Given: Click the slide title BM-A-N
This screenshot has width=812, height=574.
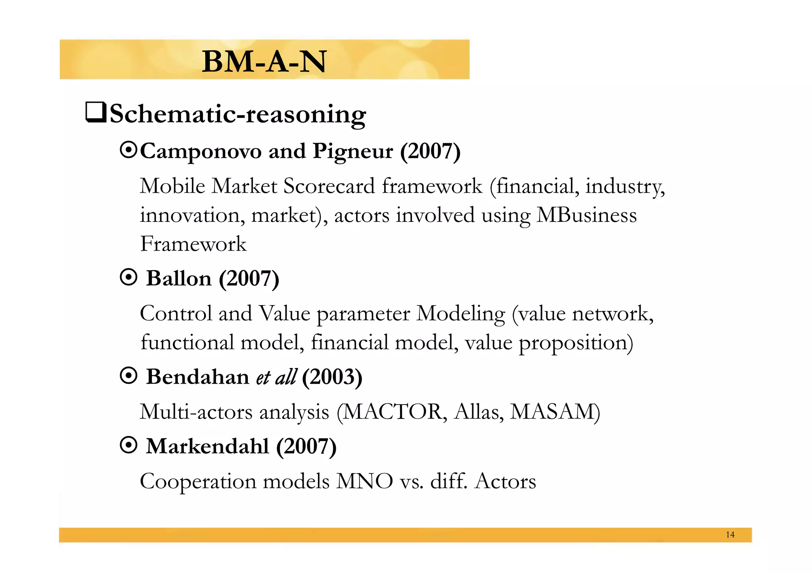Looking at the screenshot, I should click(x=264, y=61).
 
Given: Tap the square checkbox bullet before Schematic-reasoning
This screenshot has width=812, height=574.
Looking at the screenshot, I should click(x=96, y=113).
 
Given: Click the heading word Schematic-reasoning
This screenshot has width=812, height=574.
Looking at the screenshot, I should click(x=237, y=115).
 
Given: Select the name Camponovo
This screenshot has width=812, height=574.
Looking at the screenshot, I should click(x=201, y=151).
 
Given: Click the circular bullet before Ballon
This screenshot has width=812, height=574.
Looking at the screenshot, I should click(x=128, y=278).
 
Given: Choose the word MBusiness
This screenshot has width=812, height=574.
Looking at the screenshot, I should click(x=586, y=215).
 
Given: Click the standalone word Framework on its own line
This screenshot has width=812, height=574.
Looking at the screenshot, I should click(x=193, y=244).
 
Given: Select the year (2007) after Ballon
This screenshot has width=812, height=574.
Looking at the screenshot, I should click(x=249, y=278).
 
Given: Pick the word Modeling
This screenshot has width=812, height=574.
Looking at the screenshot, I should click(x=460, y=314).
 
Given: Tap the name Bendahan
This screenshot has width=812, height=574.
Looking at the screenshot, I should click(x=197, y=376).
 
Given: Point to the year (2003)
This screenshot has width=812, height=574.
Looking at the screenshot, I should click(x=332, y=377).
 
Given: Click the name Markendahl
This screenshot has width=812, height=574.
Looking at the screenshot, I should click(x=207, y=446).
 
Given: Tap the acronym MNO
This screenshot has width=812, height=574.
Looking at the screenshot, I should click(x=364, y=482).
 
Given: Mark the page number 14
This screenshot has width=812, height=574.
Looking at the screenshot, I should click(x=730, y=535).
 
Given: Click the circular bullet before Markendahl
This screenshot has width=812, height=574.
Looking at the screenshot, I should click(x=128, y=445).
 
